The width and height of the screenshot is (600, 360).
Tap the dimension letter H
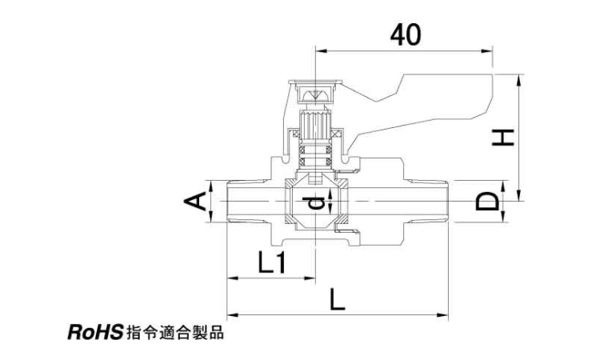pyautogui.click(x=502, y=138)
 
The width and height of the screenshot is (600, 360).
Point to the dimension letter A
pyautogui.click(x=195, y=202)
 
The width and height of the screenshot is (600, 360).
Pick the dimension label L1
pyautogui.click(x=272, y=262)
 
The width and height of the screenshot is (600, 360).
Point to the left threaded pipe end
pyautogui.click(x=244, y=202)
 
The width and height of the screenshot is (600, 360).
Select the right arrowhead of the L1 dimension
pyautogui.click(x=313, y=278)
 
